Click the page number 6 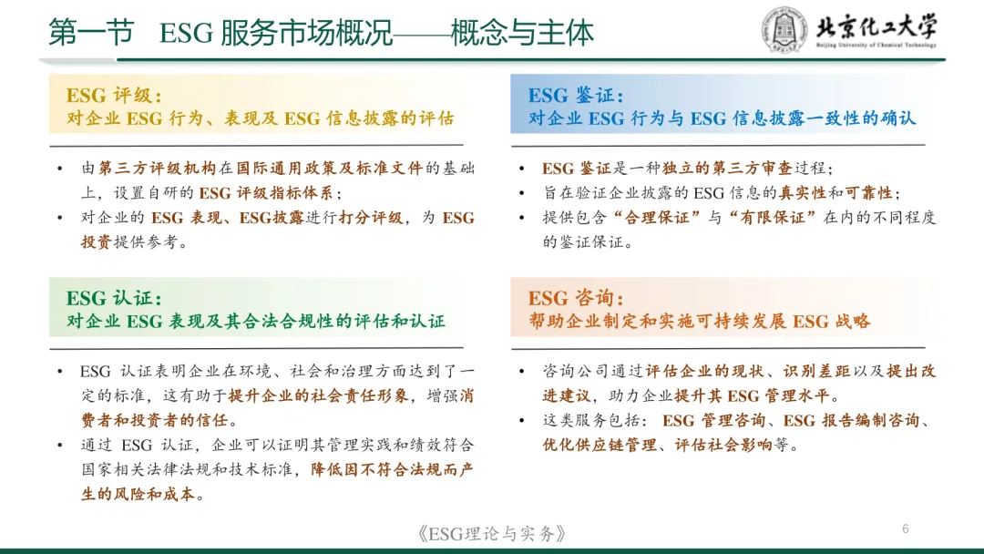905,529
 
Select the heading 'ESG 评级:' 114,96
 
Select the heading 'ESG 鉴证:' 576,96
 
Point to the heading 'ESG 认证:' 114,299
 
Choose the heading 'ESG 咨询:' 576,299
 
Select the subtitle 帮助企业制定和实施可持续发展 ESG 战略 700,322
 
